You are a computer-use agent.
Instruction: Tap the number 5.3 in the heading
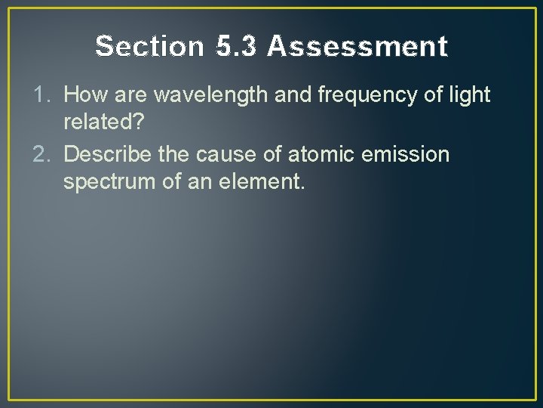pos(235,47)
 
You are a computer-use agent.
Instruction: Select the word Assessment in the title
pos(357,47)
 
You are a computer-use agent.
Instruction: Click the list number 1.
pos(44,95)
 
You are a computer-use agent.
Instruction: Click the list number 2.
pos(44,156)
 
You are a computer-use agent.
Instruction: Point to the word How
pos(84,95)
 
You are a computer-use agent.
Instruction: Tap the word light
pos(470,95)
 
